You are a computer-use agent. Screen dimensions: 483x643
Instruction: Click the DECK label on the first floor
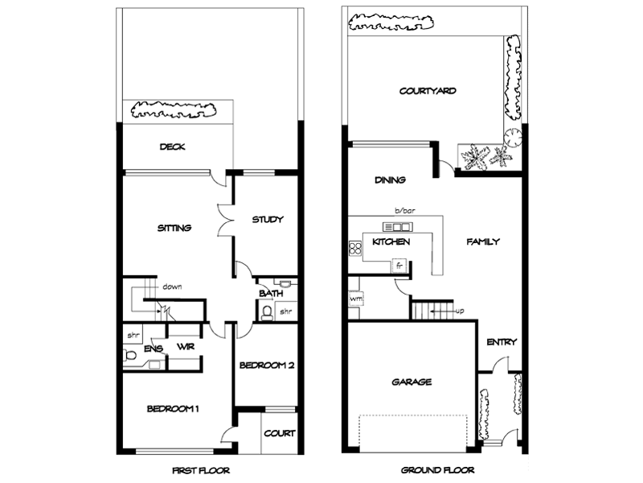coord(173,147)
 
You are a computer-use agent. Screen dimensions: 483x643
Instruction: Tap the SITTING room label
coord(174,228)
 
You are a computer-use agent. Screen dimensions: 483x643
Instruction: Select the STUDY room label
coord(268,219)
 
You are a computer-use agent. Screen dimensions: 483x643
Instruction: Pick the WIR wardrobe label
coord(186,347)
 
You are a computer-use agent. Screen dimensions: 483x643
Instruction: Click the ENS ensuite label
coord(154,348)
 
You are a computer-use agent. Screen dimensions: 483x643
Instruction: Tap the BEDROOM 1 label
coord(173,409)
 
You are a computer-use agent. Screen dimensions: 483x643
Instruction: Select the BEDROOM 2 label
coord(267,365)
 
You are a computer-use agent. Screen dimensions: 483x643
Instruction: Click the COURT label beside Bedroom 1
coord(279,433)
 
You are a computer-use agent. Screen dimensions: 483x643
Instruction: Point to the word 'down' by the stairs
coord(171,286)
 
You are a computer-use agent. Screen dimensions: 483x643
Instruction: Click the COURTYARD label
coord(428,91)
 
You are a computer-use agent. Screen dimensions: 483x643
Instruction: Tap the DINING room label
coord(390,180)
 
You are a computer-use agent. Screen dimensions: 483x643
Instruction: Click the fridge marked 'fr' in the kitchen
coord(397,264)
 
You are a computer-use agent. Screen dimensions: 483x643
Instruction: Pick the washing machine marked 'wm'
coord(355,298)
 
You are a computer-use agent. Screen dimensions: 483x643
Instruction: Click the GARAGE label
coord(412,382)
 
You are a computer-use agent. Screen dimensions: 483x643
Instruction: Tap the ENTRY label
coord(502,342)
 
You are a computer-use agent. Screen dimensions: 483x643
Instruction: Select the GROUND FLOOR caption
coord(438,470)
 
